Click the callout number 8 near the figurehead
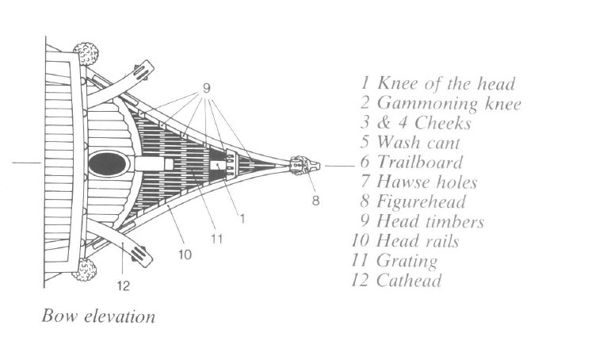(x=315, y=201)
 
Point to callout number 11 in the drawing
(x=217, y=237)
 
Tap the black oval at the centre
(x=109, y=165)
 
